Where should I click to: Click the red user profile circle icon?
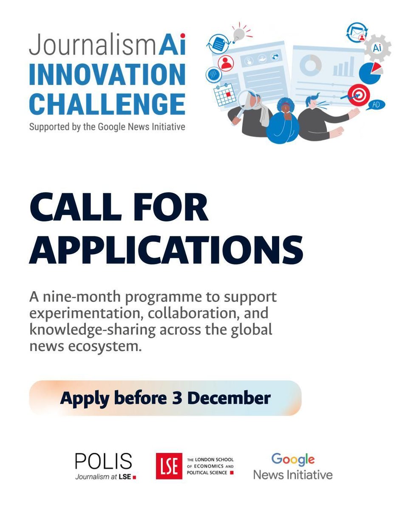[226, 63]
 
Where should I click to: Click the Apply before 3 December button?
[165, 398]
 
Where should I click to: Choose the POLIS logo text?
[103, 462]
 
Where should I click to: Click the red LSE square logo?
[169, 466]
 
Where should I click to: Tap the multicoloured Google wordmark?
[293, 460]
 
